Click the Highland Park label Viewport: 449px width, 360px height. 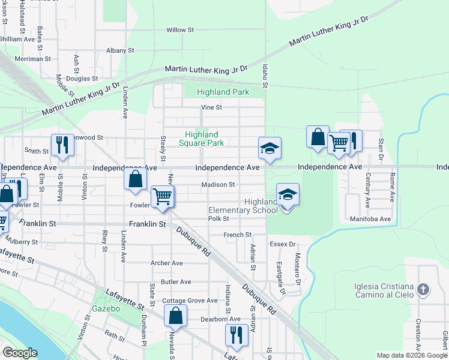click(x=223, y=92)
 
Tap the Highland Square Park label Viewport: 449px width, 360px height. click(x=202, y=139)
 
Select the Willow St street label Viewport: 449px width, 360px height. click(x=180, y=29)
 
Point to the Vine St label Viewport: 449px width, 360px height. click(x=211, y=107)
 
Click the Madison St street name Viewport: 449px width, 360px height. click(x=218, y=185)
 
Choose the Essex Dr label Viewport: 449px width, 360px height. click(x=283, y=244)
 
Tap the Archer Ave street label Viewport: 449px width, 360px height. click(x=167, y=263)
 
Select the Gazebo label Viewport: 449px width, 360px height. click(x=106, y=308)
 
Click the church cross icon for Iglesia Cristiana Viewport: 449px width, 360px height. click(x=424, y=290)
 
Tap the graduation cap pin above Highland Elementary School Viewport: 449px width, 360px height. click(x=288, y=194)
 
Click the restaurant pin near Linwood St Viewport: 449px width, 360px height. click(x=62, y=145)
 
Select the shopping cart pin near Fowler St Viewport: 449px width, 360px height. click(x=162, y=196)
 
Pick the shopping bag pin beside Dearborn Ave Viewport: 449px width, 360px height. click(x=175, y=315)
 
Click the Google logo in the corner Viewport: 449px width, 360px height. click(x=20, y=353)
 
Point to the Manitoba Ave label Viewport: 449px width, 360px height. click(x=370, y=220)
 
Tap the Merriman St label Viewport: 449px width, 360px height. click(x=32, y=59)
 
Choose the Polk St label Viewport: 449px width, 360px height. click(x=218, y=219)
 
